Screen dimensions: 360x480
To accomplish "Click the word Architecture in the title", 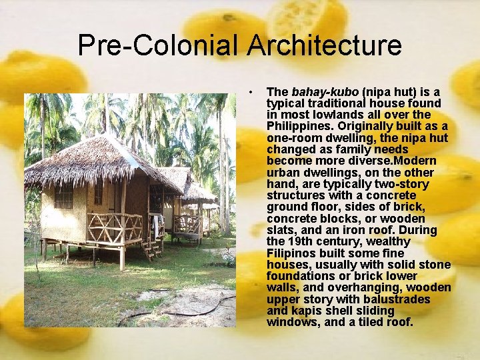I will coord(324,46).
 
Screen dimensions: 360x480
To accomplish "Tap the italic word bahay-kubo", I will coord(314,91).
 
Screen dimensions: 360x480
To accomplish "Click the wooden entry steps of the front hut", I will coord(152,249).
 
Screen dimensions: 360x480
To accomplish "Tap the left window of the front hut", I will coord(64,197).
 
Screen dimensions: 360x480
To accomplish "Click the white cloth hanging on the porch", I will coord(155,227).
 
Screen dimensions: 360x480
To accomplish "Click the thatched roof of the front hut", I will coord(100,160).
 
